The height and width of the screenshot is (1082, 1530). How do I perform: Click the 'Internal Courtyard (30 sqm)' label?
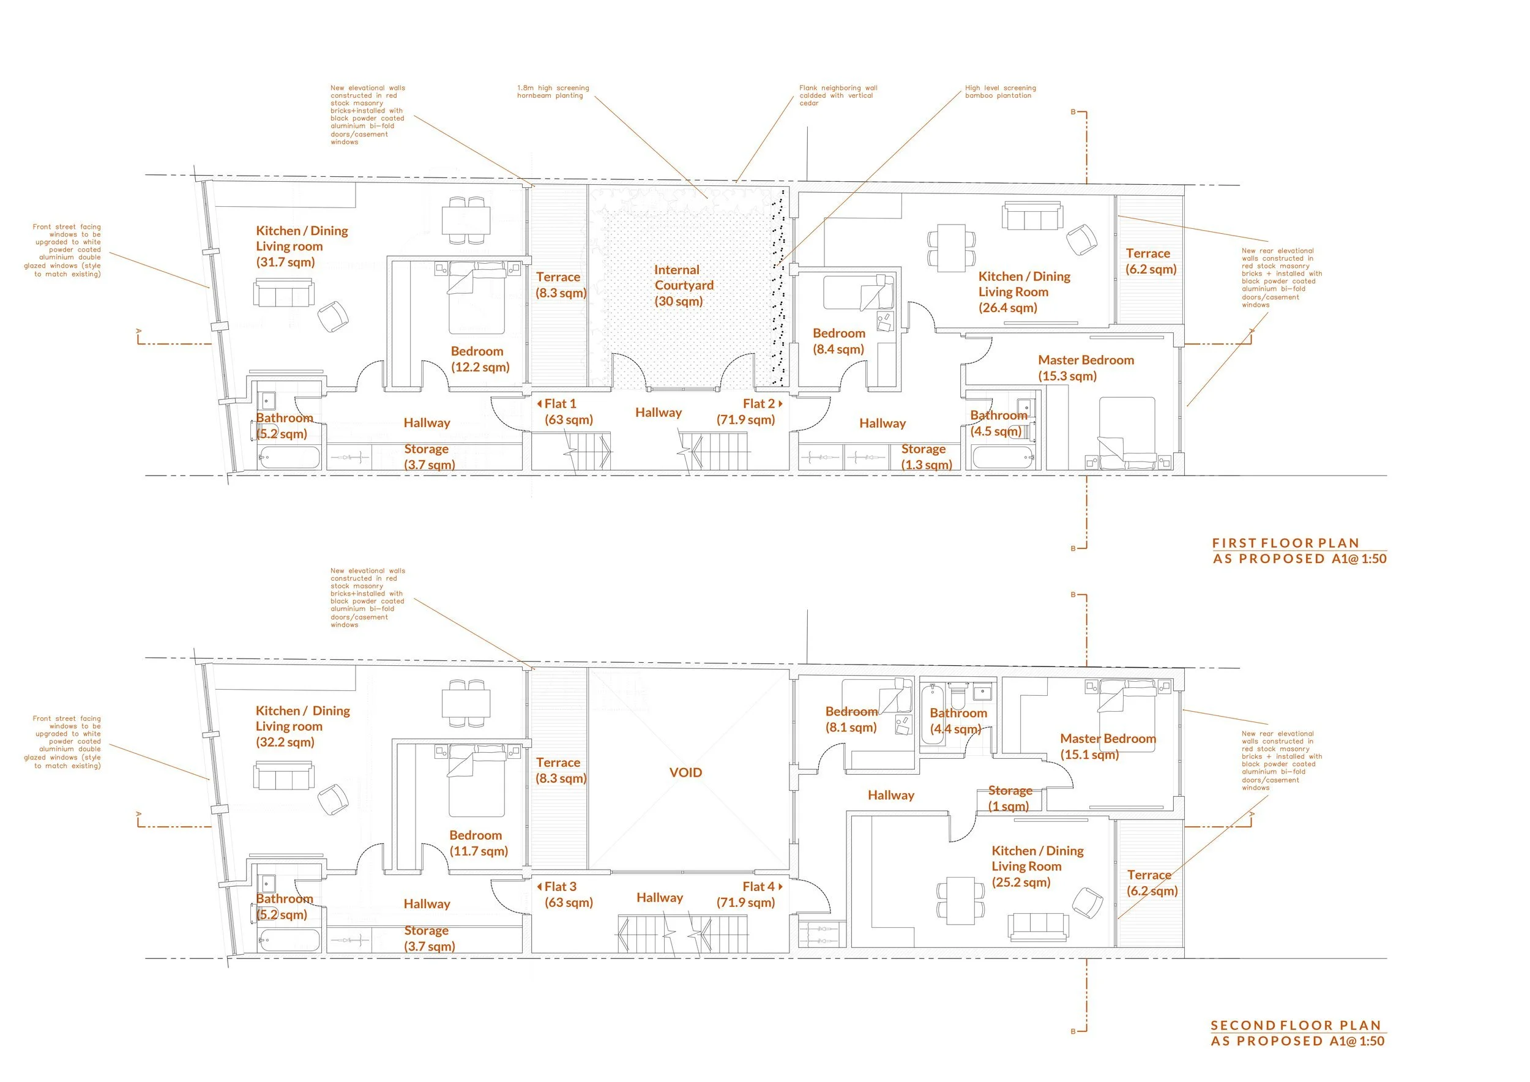click(x=683, y=285)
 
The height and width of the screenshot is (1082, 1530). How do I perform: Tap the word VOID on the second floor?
click(x=685, y=772)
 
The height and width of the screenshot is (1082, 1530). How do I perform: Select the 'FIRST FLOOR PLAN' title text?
click(x=1285, y=543)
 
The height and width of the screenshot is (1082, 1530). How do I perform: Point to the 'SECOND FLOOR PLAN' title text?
click(x=1296, y=1025)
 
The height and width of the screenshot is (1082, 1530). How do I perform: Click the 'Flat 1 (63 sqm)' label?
click(x=567, y=412)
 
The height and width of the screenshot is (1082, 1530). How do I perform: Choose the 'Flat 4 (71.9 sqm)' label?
click(x=748, y=894)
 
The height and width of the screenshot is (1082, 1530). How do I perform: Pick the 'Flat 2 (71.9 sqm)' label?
click(x=748, y=412)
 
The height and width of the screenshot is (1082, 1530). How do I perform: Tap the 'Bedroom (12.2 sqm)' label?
click(x=480, y=359)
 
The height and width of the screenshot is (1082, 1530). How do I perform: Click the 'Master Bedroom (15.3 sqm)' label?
click(x=1086, y=368)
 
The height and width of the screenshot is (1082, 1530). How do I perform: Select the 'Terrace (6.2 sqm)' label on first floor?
click(x=1151, y=261)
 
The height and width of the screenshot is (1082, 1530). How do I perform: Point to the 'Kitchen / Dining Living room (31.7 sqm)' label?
click(x=301, y=246)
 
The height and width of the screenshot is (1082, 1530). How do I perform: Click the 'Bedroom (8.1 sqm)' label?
click(x=851, y=720)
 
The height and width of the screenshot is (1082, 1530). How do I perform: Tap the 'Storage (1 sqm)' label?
click(x=1010, y=798)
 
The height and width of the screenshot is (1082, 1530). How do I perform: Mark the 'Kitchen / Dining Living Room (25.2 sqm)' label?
click(x=1037, y=866)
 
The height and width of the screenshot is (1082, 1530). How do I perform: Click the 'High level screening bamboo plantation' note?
click(x=1000, y=92)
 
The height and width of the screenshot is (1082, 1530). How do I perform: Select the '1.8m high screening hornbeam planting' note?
click(x=553, y=92)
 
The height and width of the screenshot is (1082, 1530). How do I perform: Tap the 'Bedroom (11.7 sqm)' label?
click(x=479, y=843)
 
